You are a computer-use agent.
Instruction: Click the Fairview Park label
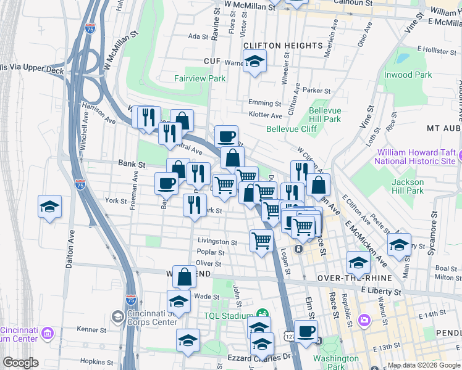click(199, 78)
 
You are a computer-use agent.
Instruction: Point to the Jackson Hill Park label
click(408, 186)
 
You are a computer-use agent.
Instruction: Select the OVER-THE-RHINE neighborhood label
click(347, 278)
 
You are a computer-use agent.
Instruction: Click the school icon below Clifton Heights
click(253, 62)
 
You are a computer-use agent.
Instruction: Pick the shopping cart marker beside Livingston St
click(262, 240)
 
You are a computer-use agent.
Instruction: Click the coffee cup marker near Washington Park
click(305, 331)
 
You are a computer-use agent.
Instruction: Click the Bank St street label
click(132, 165)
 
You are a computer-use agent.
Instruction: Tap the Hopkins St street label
click(91, 361)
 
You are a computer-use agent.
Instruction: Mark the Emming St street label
click(265, 103)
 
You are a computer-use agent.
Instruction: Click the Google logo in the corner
click(20, 363)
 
